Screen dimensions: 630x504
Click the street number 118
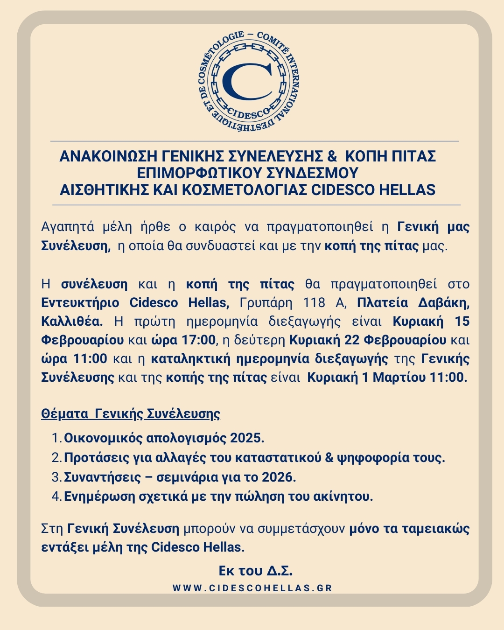point(314,303)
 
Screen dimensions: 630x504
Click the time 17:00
point(198,340)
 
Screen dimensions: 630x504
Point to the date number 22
point(352,340)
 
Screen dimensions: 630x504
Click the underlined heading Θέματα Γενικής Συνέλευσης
point(131,414)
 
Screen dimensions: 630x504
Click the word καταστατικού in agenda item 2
point(278,457)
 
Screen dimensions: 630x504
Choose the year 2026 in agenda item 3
point(279,477)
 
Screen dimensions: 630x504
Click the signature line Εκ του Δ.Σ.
point(255,571)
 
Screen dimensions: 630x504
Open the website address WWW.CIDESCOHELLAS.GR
point(252,588)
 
